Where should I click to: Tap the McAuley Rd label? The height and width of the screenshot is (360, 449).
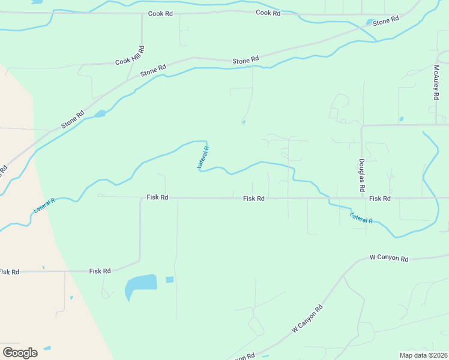click(437, 82)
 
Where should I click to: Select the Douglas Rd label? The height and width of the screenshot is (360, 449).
click(362, 175)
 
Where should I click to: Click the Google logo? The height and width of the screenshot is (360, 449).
click(20, 352)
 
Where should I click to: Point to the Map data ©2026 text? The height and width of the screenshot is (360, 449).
click(423, 355)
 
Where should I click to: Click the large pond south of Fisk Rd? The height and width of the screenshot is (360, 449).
click(140, 285)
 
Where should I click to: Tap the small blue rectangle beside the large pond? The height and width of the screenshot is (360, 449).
click(169, 280)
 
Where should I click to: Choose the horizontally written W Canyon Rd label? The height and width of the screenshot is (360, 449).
click(388, 259)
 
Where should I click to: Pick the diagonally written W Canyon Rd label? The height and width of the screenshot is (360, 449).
click(307, 319)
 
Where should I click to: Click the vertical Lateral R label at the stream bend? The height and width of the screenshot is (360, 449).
click(203, 158)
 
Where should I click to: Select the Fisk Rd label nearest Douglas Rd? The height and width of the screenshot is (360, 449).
click(380, 199)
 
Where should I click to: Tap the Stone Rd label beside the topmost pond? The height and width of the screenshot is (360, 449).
click(385, 20)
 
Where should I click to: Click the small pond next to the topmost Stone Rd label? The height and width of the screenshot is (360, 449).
click(369, 23)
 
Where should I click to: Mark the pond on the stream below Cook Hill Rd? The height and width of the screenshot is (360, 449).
click(100, 113)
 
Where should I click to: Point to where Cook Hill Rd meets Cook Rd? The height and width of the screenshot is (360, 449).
click(142, 13)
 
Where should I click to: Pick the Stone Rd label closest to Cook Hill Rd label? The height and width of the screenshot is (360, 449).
click(153, 71)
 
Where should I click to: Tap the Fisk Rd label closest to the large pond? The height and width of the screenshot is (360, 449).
click(100, 271)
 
